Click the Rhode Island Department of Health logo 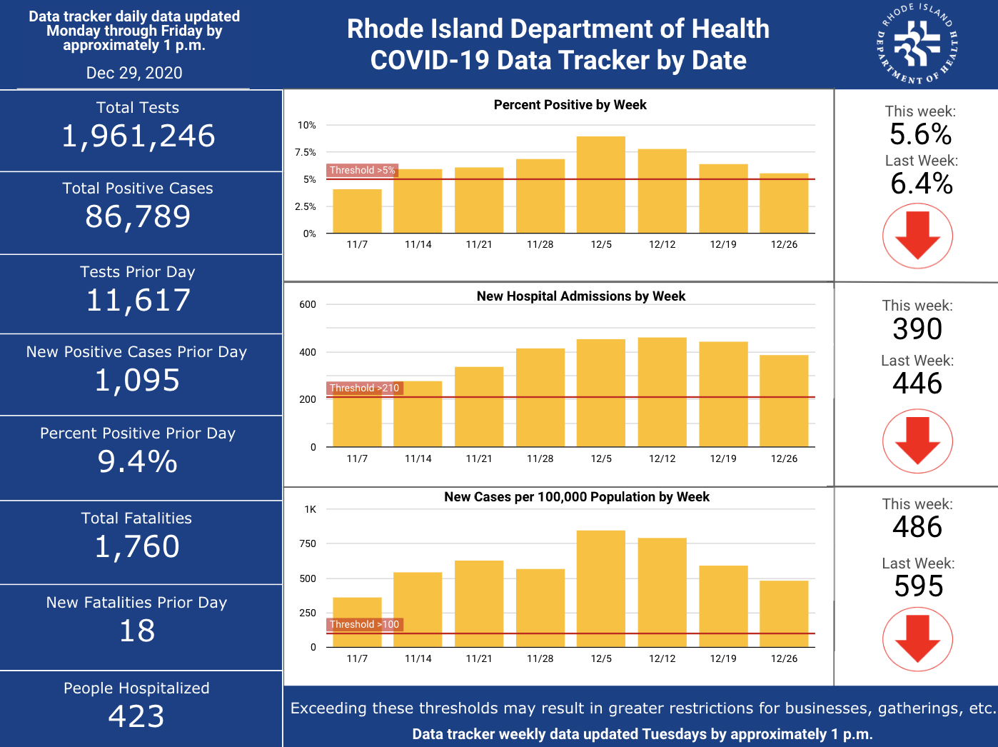[917, 44]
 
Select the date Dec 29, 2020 [134, 73]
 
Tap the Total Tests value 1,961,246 [138, 136]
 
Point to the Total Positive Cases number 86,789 [138, 216]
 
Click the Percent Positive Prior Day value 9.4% [137, 461]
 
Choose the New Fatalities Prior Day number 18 [137, 631]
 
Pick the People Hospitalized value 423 [136, 716]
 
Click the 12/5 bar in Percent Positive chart [600, 184]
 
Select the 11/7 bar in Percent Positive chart [357, 211]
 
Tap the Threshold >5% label [363, 170]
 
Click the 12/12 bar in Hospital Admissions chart [662, 392]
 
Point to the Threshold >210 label [365, 388]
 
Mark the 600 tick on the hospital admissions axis [308, 305]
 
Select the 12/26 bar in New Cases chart [784, 613]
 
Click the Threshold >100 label [365, 624]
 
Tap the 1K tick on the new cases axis [310, 509]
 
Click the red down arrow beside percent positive [917, 235]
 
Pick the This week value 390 [917, 329]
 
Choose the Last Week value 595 [919, 586]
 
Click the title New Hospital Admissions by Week [580, 296]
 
